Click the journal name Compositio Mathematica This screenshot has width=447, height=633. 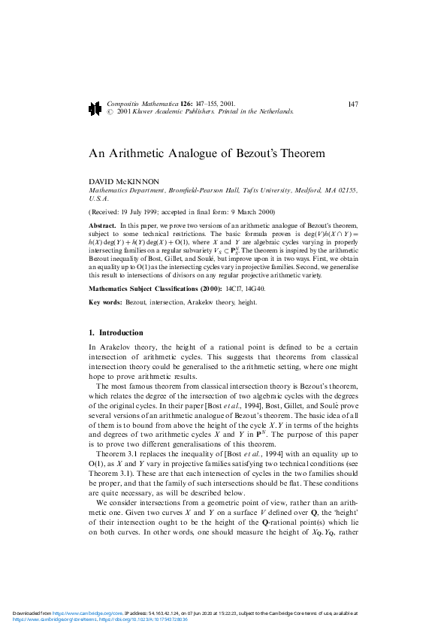point(142,103)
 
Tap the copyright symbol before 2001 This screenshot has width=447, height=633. point(111,111)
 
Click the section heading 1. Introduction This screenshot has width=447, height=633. point(116,332)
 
